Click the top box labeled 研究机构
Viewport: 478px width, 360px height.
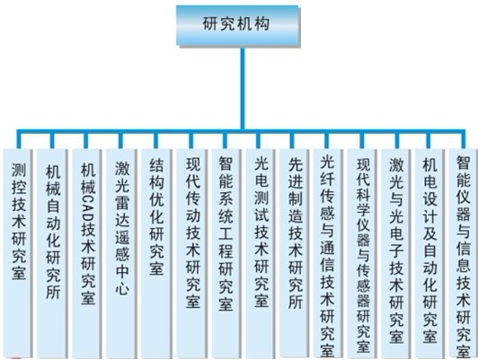[x=238, y=25]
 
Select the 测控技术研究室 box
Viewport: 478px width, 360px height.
[x=17, y=253]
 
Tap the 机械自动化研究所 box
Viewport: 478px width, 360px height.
[x=52, y=253]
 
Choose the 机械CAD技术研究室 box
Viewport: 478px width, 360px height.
[x=87, y=253]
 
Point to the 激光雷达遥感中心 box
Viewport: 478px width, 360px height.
[x=121, y=253]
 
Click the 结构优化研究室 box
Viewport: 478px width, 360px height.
[x=156, y=253]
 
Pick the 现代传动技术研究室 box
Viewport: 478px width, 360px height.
[x=191, y=253]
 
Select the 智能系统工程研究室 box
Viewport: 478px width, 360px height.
[x=226, y=253]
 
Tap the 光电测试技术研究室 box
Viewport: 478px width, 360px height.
[x=260, y=253]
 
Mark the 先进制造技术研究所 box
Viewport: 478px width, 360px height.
[x=294, y=252]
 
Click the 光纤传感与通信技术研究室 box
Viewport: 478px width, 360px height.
[x=328, y=253]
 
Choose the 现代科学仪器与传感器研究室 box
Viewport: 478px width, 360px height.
[x=362, y=253]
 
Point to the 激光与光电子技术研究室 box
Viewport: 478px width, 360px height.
[x=396, y=253]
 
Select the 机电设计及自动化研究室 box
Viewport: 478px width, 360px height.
[x=429, y=253]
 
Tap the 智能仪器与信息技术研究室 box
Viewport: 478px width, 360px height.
[x=464, y=253]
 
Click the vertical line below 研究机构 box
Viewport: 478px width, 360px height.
[x=243, y=88]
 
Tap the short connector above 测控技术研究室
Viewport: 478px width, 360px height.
[x=19, y=140]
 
